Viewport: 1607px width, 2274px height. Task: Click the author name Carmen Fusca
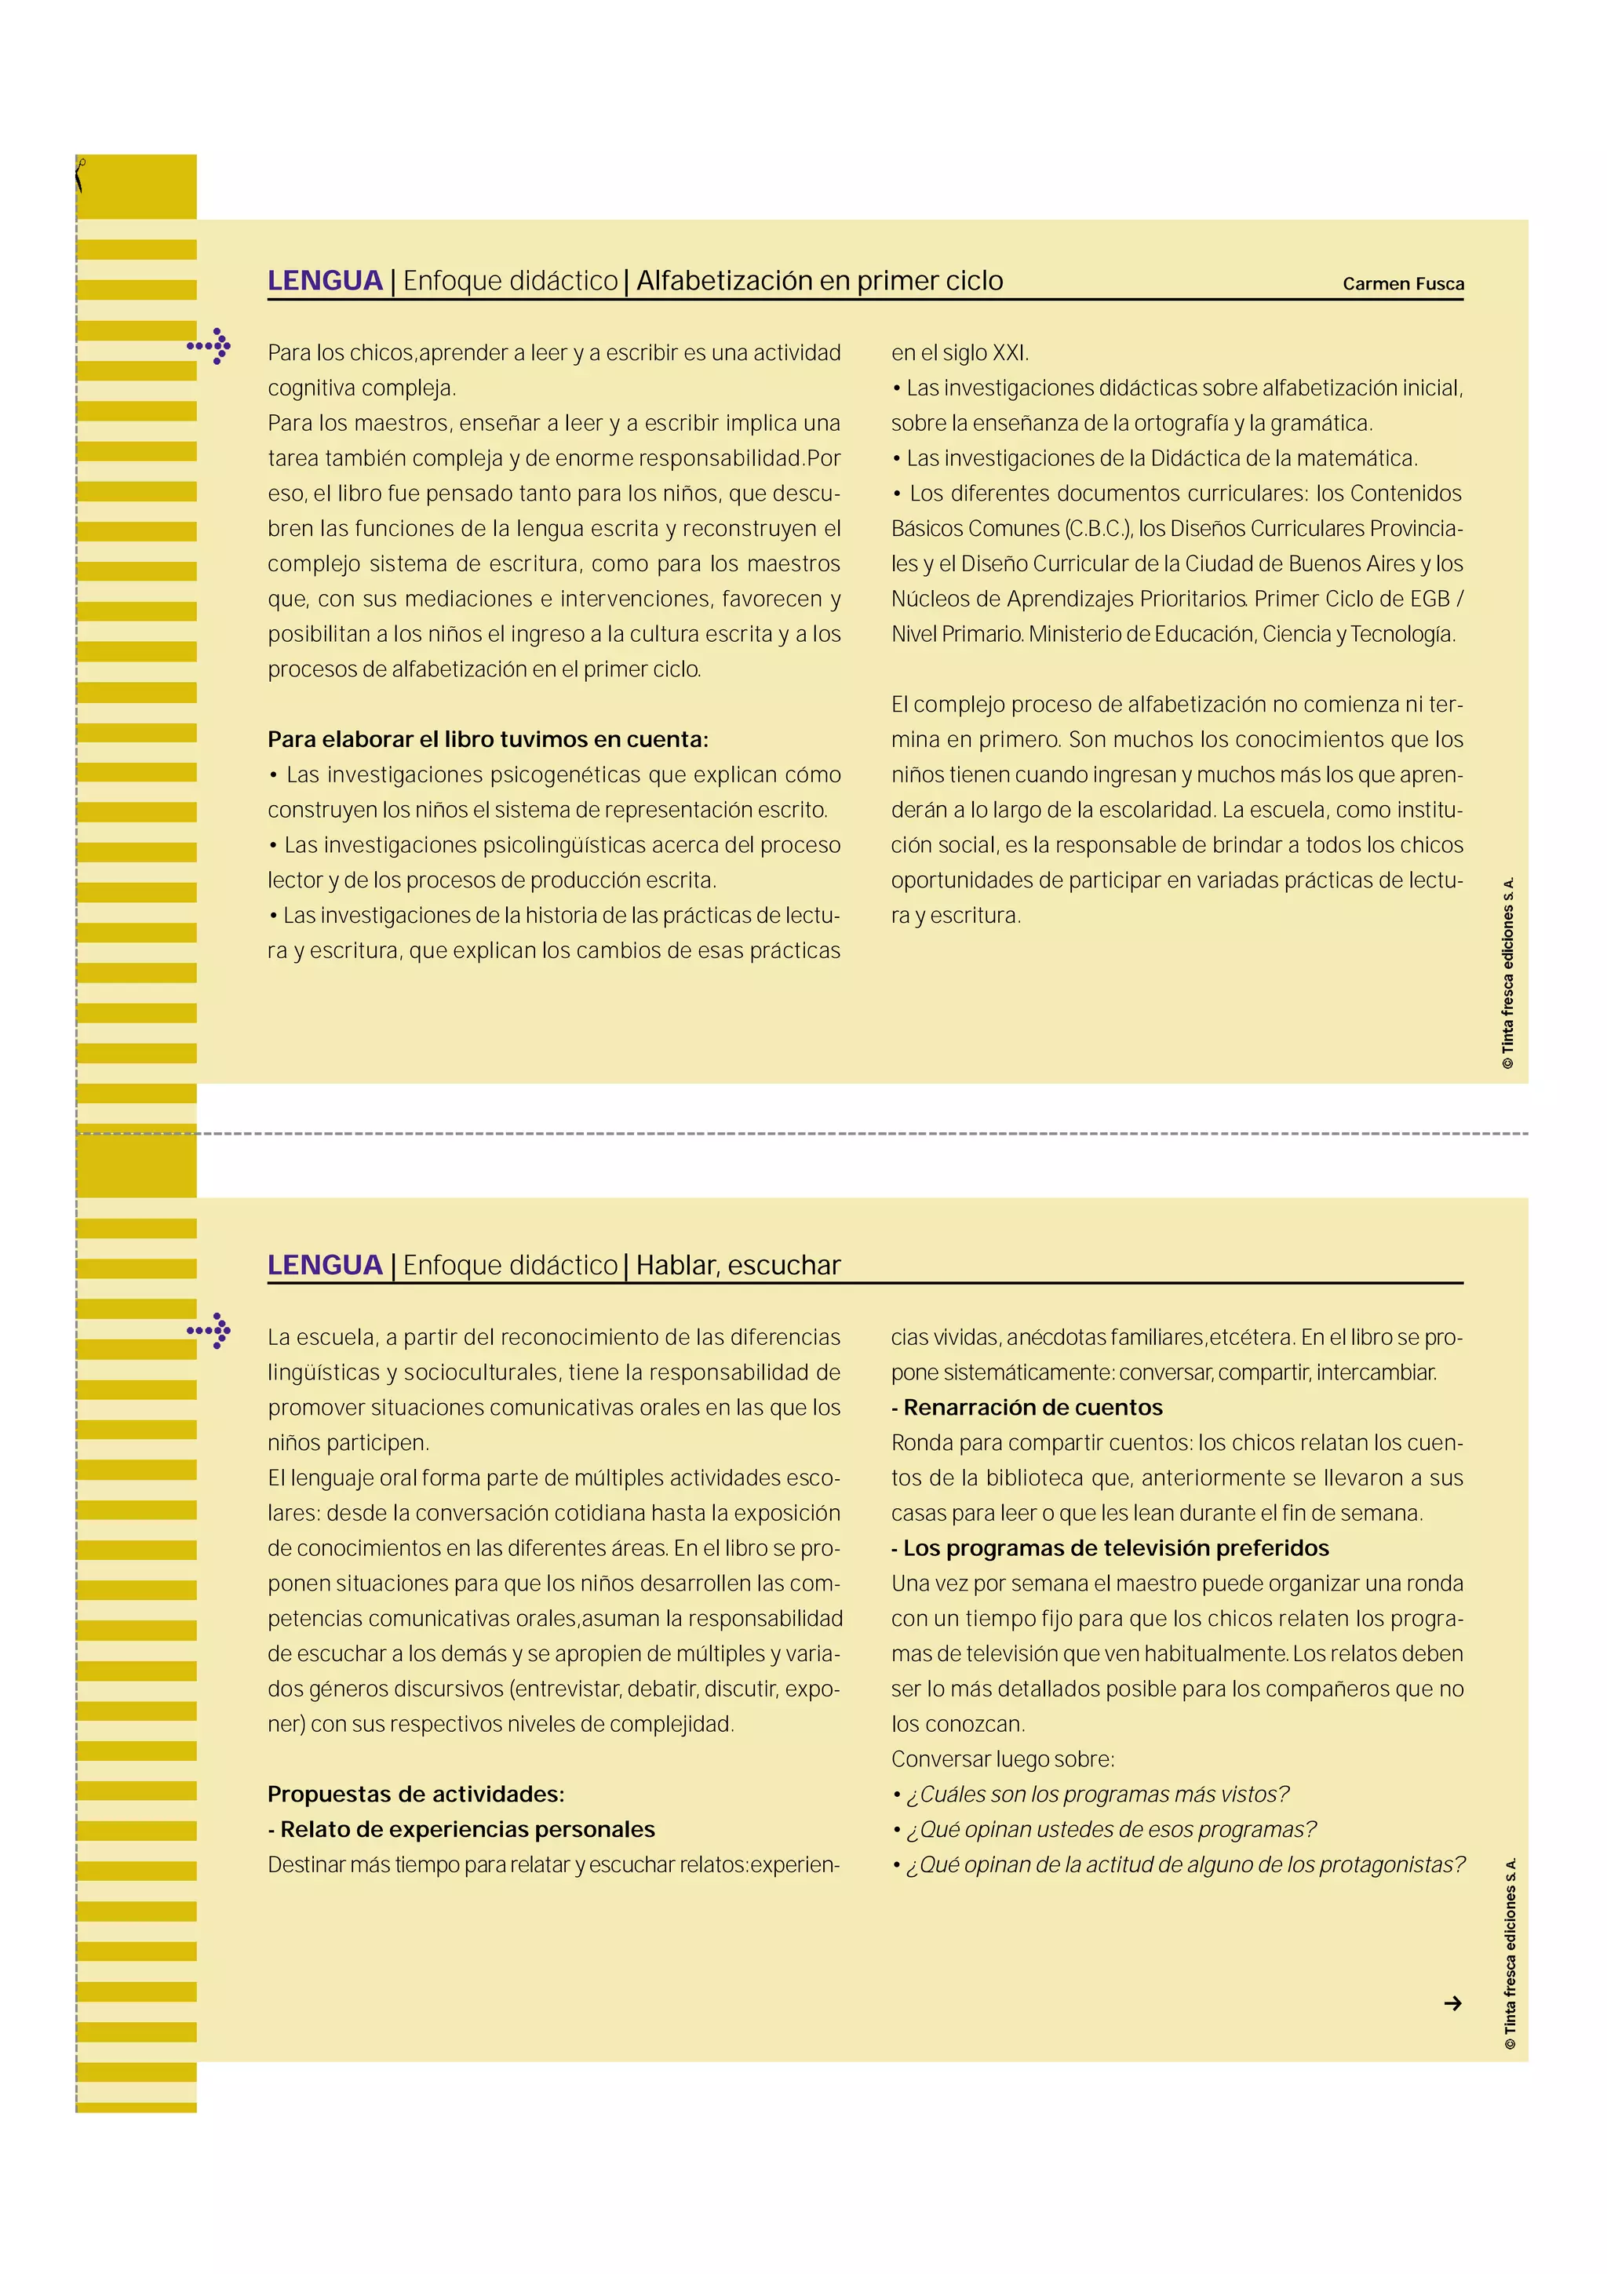pyautogui.click(x=1402, y=283)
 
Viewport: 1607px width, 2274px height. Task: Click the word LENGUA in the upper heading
pyautogui.click(x=325, y=281)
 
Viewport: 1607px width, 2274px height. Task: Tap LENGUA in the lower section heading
pyautogui.click(x=325, y=1265)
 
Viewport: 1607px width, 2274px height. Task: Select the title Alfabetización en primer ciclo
pyautogui.click(x=819, y=281)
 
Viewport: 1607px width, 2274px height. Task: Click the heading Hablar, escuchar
pyautogui.click(x=738, y=1265)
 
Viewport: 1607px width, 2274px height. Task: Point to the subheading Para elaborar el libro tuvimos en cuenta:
pyautogui.click(x=487, y=739)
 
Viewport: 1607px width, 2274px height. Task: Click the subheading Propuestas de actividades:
pyautogui.click(x=416, y=1794)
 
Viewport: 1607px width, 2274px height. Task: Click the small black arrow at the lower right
pyautogui.click(x=1452, y=2003)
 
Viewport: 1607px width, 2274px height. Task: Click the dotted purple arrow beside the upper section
pyautogui.click(x=210, y=346)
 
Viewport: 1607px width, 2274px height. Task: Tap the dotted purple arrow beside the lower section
pyautogui.click(x=210, y=1330)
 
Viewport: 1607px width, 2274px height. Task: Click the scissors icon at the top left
pyautogui.click(x=79, y=175)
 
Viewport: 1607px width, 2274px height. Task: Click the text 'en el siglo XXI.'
pyautogui.click(x=960, y=354)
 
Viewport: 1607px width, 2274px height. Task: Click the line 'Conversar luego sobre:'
pyautogui.click(x=1002, y=1759)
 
